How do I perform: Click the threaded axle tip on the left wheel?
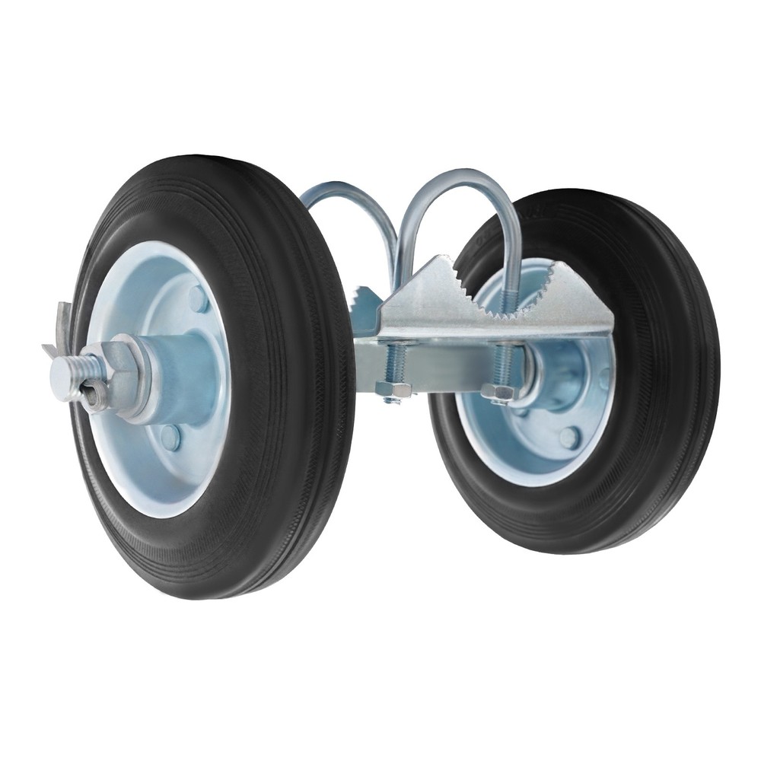pyautogui.click(x=64, y=374)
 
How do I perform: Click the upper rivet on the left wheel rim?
pyautogui.click(x=198, y=299)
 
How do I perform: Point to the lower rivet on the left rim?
pyautogui.click(x=170, y=437)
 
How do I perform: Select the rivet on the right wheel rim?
pyautogui.click(x=569, y=437)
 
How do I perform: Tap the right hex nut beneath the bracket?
pyautogui.click(x=499, y=393)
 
